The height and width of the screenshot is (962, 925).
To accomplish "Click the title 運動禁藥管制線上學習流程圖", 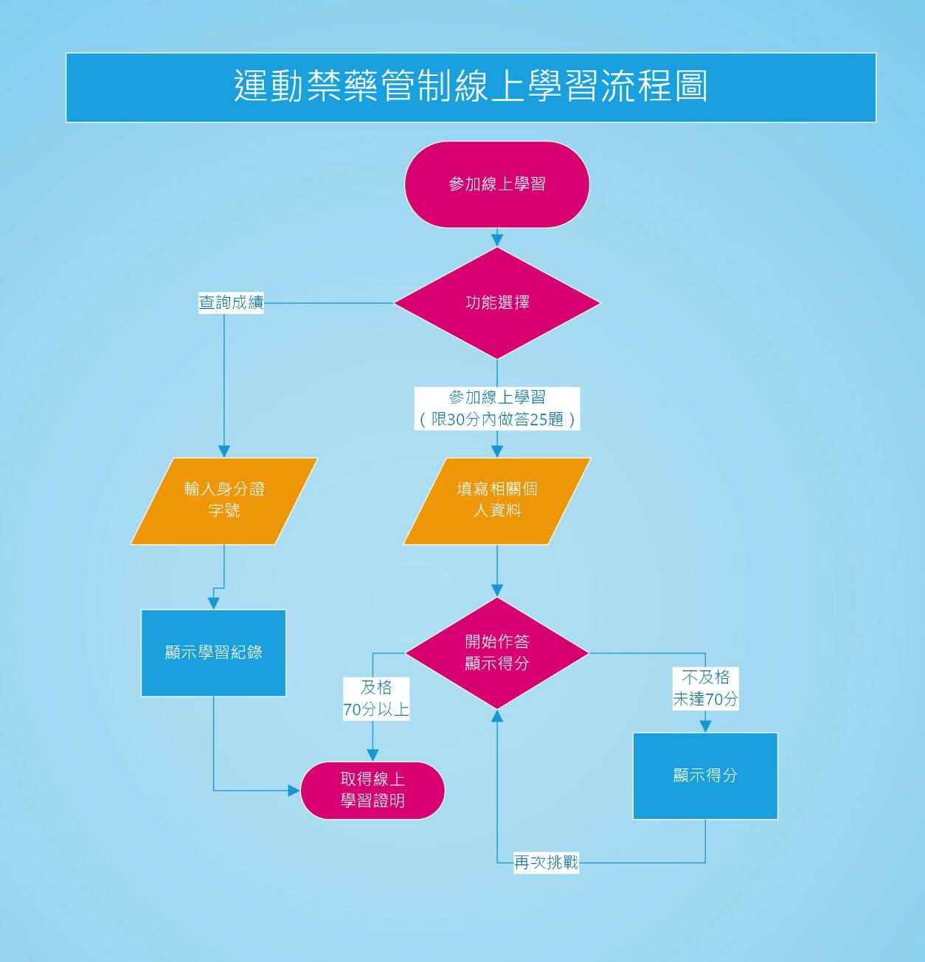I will click(471, 87).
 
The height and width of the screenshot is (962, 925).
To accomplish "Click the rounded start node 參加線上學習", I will click(496, 184).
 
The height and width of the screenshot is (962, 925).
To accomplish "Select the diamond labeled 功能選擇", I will click(496, 303).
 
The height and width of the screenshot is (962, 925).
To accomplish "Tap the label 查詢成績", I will click(231, 302).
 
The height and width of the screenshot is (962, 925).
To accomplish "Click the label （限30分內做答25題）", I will click(496, 419).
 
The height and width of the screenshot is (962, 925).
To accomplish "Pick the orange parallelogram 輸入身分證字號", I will click(224, 501).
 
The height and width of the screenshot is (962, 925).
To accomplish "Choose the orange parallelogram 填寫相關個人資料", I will click(496, 501).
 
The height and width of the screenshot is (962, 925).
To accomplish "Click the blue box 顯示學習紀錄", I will click(213, 653).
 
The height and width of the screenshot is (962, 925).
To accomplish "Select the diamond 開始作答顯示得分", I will click(496, 652).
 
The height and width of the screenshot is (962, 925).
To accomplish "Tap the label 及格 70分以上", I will click(375, 698).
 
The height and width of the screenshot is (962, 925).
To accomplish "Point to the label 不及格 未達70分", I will click(705, 688).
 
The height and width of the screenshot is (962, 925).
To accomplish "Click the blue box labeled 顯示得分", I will click(705, 775).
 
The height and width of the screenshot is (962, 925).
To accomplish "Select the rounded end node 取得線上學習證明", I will click(373, 790).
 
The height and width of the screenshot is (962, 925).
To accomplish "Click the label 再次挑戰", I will click(546, 862).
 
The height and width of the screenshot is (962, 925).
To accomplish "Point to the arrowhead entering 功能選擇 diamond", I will click(497, 240).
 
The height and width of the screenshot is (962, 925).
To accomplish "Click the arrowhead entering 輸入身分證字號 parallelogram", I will click(224, 451).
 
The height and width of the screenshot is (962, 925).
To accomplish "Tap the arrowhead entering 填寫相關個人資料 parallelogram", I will click(497, 451).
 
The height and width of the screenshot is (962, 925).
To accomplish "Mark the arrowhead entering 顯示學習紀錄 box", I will click(213, 603).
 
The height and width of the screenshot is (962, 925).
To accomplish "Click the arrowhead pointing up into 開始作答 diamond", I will click(497, 716).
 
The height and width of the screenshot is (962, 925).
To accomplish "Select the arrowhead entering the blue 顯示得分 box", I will click(705, 726).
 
